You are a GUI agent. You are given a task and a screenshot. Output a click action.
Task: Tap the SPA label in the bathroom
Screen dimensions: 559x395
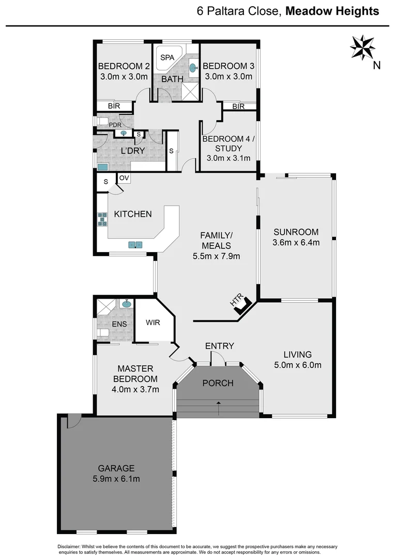tap(167, 57)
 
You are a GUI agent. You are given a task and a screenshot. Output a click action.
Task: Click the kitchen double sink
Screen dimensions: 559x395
tap(136, 244)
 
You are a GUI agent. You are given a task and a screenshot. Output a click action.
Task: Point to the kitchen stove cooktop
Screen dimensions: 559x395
tap(102, 220)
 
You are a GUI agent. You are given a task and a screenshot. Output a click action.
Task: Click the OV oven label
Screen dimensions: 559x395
tap(124, 178)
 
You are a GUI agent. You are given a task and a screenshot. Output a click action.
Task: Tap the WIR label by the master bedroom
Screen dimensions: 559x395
tap(153, 322)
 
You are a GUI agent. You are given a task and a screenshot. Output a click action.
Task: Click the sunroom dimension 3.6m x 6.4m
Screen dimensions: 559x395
tap(296, 242)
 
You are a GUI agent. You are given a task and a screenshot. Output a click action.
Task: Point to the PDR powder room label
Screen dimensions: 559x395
tap(115, 125)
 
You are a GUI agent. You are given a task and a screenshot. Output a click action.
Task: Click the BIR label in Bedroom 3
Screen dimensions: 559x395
tap(238, 106)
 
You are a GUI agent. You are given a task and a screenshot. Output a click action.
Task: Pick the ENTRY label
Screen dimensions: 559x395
tap(220, 346)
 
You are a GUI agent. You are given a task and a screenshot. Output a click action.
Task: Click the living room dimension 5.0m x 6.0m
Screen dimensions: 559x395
tap(297, 365)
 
